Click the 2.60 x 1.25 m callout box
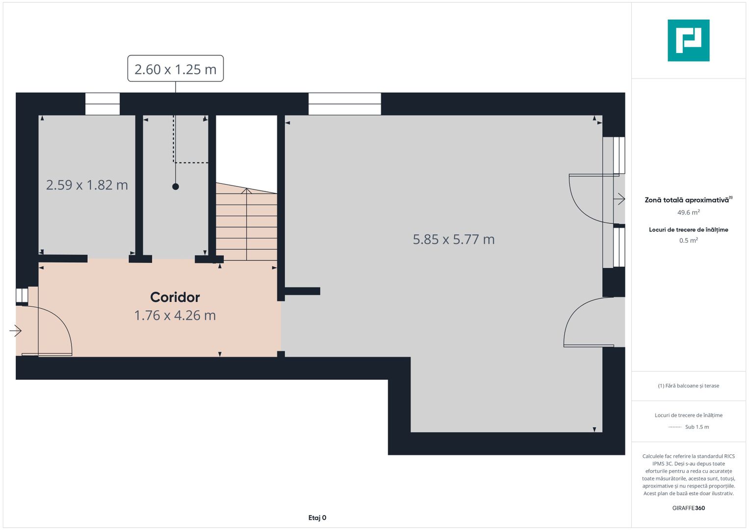(x=176, y=68)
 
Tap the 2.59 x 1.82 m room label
(x=87, y=185)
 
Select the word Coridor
(x=175, y=297)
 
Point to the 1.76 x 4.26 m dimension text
(x=175, y=316)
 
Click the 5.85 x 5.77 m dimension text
(x=453, y=239)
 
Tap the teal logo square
(x=689, y=40)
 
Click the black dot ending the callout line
(x=176, y=186)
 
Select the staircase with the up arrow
(x=246, y=222)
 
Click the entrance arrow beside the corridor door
(x=15, y=331)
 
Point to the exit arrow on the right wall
(x=620, y=199)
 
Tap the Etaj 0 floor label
(x=317, y=518)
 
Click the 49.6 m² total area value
(x=689, y=212)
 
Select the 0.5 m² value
(x=689, y=240)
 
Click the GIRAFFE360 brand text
(x=689, y=508)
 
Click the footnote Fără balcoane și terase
(x=689, y=386)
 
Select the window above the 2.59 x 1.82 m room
(x=103, y=104)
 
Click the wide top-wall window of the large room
(x=344, y=104)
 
